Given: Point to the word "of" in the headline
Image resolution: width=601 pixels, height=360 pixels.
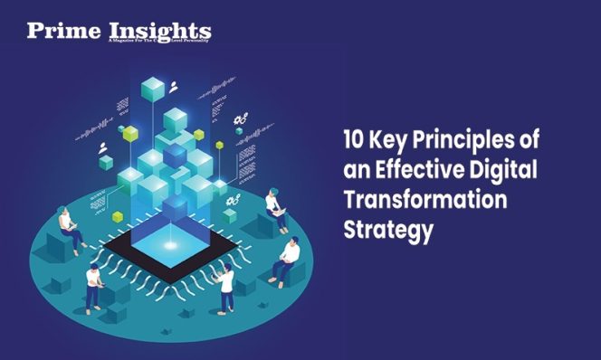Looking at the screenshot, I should click(x=538, y=142).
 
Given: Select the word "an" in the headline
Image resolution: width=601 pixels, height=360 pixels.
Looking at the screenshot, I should click(x=356, y=171).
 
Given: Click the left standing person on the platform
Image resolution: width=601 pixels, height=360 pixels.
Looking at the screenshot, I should click(x=93, y=287).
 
